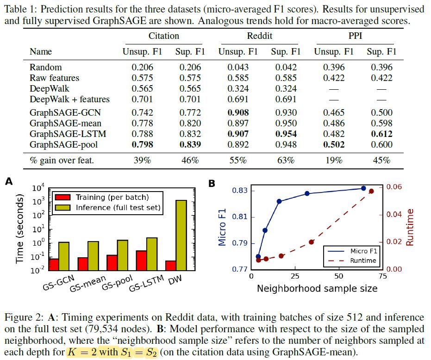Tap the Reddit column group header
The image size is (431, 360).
259,36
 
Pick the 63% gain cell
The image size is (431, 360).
286,161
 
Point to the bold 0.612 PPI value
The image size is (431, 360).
381,134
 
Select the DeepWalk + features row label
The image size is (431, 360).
69,99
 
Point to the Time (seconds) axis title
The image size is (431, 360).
20,229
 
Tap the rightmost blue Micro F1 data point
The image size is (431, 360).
363,188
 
